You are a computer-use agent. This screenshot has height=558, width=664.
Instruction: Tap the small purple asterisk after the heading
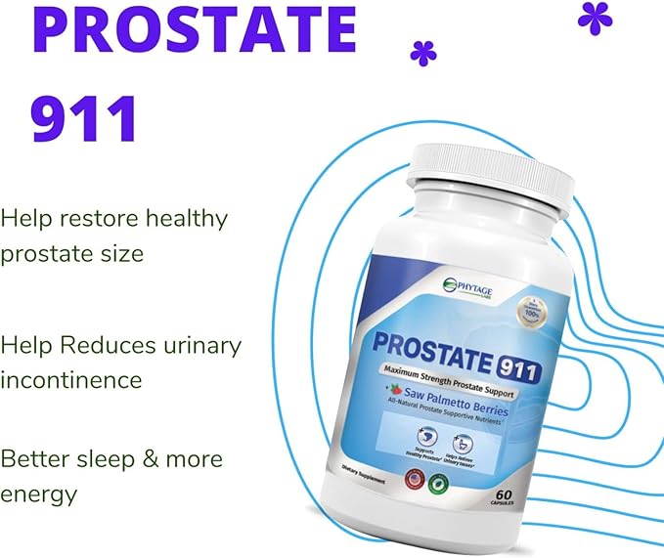(423, 55)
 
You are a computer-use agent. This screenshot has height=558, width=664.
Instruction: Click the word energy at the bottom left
(38, 494)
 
